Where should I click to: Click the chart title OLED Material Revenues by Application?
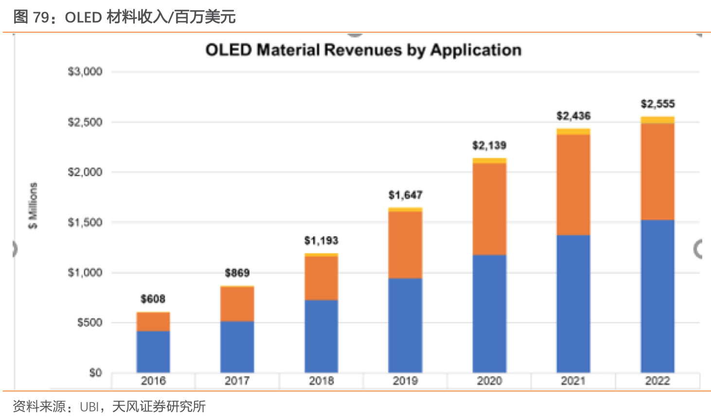pyautogui.click(x=363, y=50)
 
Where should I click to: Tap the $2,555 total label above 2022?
pyautogui.click(x=658, y=104)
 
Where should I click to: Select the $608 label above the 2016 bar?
pyautogui.click(x=153, y=299)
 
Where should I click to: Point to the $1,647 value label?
pyautogui.click(x=405, y=195)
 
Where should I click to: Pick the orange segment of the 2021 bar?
pyautogui.click(x=573, y=185)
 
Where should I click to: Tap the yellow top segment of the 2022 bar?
pyautogui.click(x=658, y=120)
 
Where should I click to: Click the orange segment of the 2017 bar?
pyautogui.click(x=237, y=304)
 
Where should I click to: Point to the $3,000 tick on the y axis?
pyautogui.click(x=85, y=72)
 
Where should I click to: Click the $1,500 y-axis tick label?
pyautogui.click(x=85, y=223)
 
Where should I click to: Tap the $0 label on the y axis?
pyautogui.click(x=95, y=373)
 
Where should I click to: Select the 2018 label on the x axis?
pyautogui.click(x=321, y=381)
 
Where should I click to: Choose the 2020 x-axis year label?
pyautogui.click(x=489, y=381)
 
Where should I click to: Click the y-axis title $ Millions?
pyautogui.click(x=33, y=206)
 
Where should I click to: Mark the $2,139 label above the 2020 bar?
pyautogui.click(x=489, y=146)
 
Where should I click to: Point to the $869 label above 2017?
pyautogui.click(x=237, y=273)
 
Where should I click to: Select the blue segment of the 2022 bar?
pyautogui.click(x=658, y=296)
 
